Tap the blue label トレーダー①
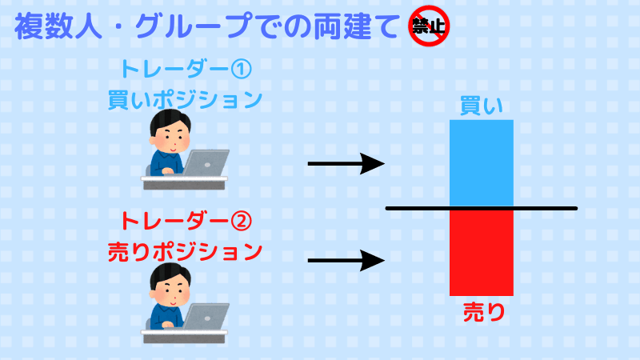coord(185,70)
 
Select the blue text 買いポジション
coord(185,99)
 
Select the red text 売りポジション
coord(185,250)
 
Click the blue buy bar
coord(481,163)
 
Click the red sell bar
coord(481,253)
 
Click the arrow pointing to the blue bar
coord(346,165)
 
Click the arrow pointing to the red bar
coord(346,260)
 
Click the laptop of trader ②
coord(207,316)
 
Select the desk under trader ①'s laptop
coord(185,182)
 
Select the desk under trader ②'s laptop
coord(185,336)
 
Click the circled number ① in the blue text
coord(241,70)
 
